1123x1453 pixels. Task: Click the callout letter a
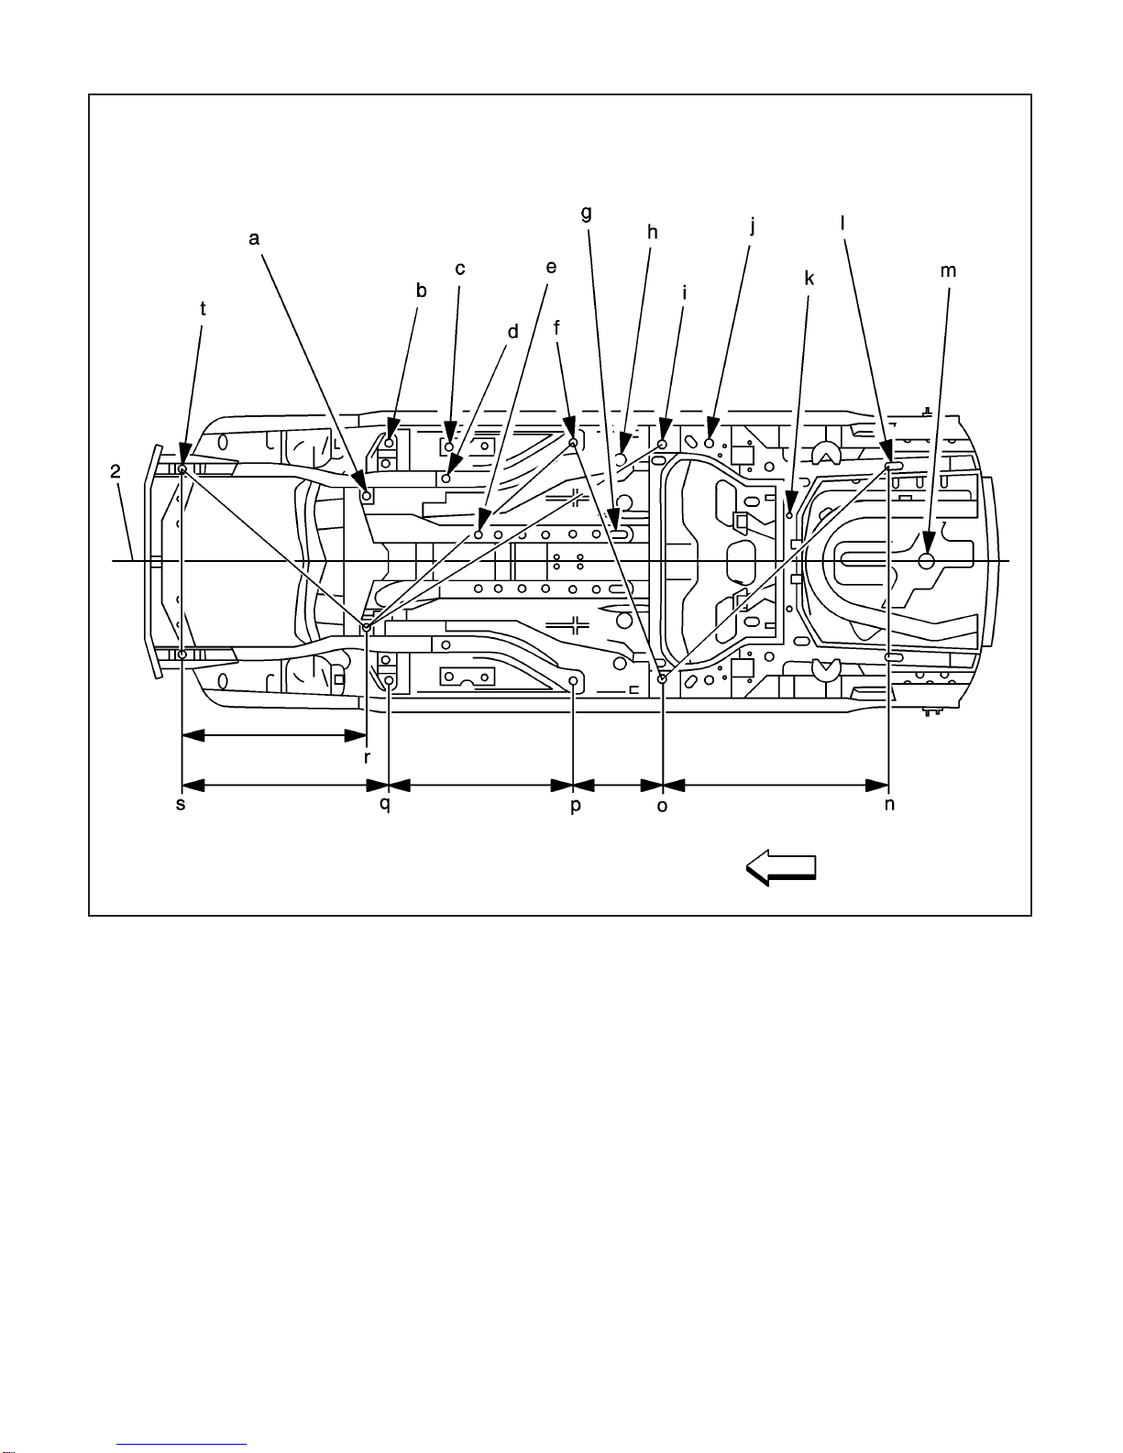254,238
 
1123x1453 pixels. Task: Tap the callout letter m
948,270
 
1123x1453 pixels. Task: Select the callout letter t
204,308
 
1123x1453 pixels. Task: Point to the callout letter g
586,214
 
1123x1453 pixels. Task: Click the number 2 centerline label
116,471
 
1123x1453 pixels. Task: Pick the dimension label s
181,804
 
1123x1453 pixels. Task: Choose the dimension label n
889,804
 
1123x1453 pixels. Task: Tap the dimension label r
367,757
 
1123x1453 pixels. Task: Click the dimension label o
662,806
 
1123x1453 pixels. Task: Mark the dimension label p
576,806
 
